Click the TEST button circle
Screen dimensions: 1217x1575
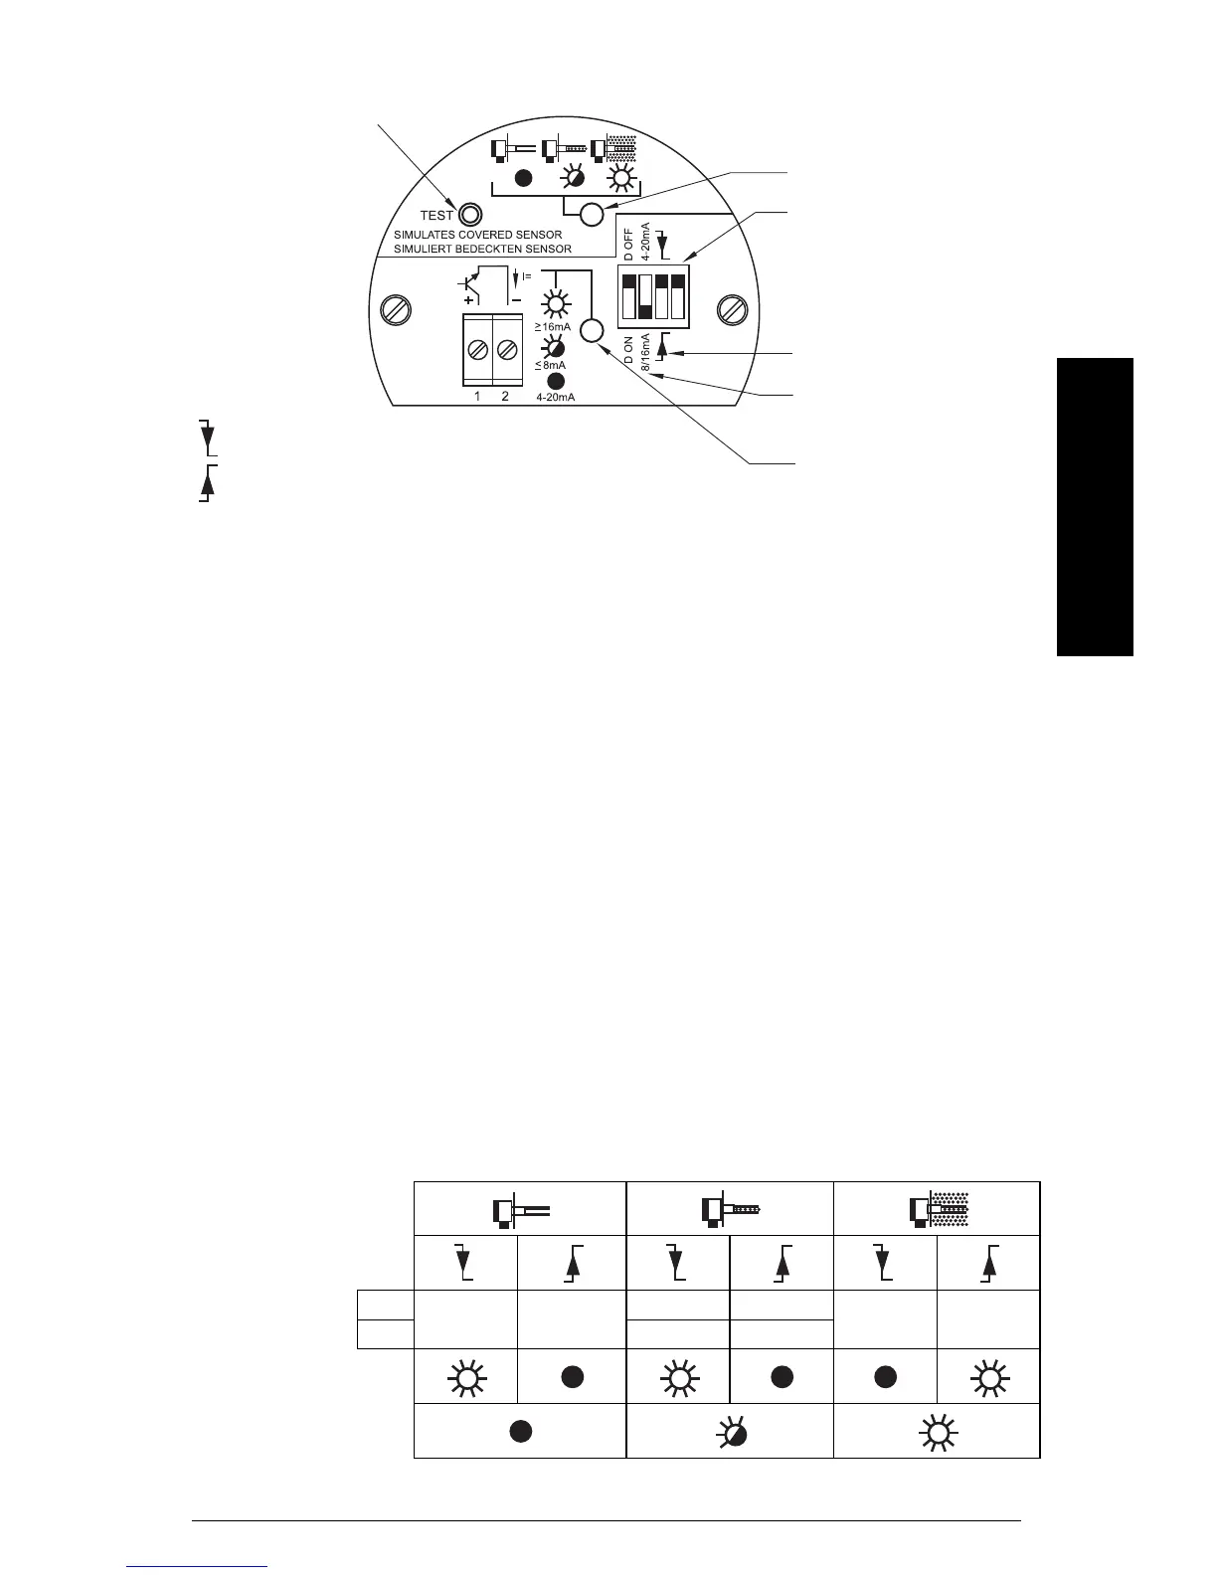tap(470, 214)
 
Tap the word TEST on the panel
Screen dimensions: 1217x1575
tap(436, 215)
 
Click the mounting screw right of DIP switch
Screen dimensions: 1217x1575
tap(732, 309)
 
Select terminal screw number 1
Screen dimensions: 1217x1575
tap(477, 350)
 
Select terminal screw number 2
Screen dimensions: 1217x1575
tap(506, 350)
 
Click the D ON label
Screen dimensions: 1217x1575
tap(628, 351)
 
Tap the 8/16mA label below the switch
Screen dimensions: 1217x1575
tap(645, 353)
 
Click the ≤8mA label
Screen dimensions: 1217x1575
tap(550, 365)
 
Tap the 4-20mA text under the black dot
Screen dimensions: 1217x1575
tap(555, 398)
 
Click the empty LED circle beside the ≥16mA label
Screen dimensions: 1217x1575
tap(592, 331)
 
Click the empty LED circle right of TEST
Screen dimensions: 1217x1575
tap(592, 214)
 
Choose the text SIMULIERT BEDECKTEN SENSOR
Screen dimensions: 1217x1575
tap(482, 249)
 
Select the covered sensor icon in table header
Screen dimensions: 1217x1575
tap(937, 1209)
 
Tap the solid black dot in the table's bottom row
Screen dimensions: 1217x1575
tap(519, 1431)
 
